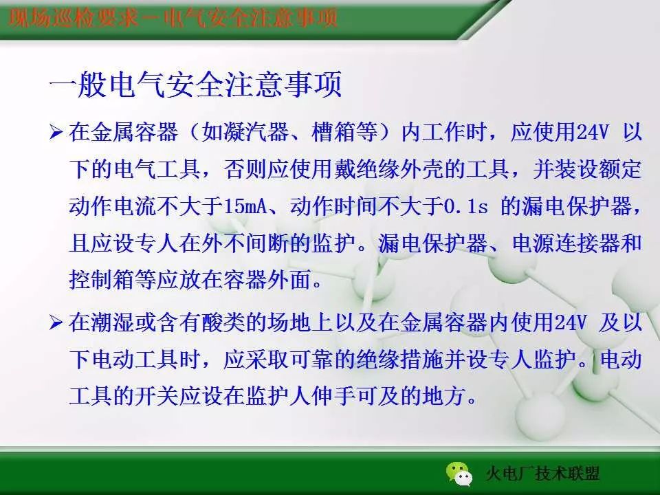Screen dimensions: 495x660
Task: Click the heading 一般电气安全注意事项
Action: click(x=196, y=87)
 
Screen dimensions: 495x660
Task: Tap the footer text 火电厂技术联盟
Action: click(x=542, y=474)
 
